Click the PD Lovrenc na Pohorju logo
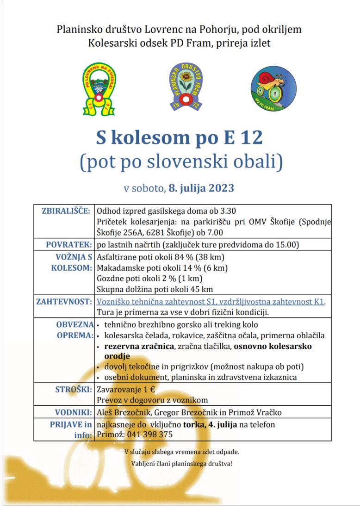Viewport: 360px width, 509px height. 99,89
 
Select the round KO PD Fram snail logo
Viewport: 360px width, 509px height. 273,88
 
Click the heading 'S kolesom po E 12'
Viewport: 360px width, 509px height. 180,137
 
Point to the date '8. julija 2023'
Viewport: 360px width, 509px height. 201,188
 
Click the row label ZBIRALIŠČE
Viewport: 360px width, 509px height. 66,211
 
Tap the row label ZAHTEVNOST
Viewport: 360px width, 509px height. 63,302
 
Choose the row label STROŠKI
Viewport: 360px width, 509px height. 73,389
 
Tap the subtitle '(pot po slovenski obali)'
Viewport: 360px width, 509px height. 180,162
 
